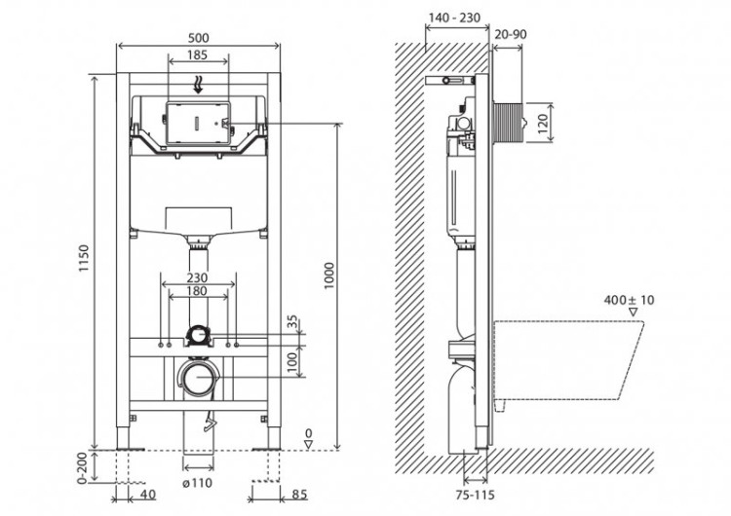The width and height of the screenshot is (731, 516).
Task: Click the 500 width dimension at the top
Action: [x=199, y=37]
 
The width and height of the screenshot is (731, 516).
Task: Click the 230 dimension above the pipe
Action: [x=198, y=276]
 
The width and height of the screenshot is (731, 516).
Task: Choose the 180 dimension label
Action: [x=198, y=292]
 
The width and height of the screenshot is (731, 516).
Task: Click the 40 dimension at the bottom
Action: [x=149, y=494]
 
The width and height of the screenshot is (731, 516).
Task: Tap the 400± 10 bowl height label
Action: [x=629, y=300]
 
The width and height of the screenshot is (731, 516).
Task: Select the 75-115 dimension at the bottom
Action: [x=476, y=496]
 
